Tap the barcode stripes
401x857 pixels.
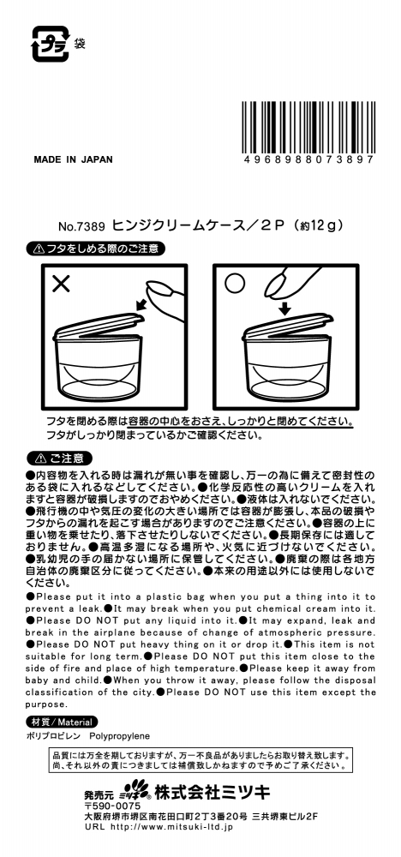(308, 127)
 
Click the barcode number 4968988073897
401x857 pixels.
(309, 159)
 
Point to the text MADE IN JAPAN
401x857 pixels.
(73, 160)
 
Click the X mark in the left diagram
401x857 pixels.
(61, 283)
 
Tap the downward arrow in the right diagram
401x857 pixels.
(284, 307)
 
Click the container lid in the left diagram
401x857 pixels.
(97, 327)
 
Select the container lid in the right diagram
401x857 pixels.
(287, 327)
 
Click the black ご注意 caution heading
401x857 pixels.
(59, 458)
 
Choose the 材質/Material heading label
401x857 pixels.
(62, 722)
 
